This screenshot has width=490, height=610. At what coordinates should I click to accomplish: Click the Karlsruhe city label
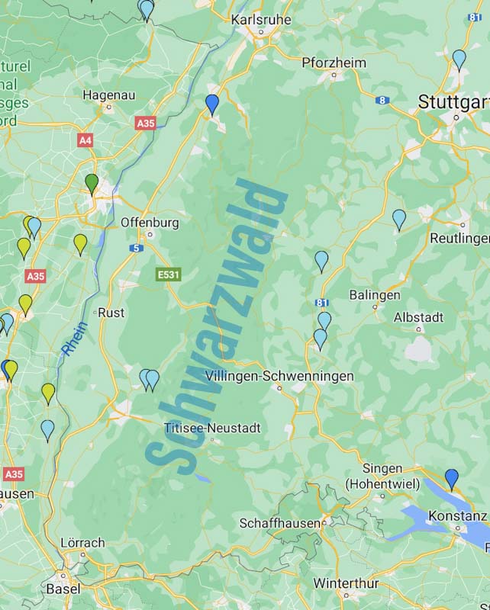coord(261,18)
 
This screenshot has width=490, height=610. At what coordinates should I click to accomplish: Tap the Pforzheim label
coord(334,63)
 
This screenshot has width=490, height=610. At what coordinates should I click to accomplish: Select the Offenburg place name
coord(150,223)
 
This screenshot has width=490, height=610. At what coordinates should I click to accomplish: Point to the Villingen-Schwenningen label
coord(279,376)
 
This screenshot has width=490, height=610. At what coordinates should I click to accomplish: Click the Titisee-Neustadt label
coord(212,428)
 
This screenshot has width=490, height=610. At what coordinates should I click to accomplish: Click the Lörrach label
coord(82,543)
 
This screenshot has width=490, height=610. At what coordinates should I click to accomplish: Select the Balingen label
coord(375,294)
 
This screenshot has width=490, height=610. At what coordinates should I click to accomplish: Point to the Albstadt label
coord(418,317)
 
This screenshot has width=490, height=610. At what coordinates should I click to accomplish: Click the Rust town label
coord(111,313)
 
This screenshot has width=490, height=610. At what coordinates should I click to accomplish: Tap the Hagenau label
coord(108,95)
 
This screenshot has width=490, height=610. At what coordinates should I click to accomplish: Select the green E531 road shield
coord(169,274)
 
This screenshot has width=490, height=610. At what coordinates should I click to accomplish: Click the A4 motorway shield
coord(85,140)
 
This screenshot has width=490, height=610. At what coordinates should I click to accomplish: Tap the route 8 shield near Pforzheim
coord(382,100)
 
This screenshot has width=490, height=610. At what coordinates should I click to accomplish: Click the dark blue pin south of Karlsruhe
coord(212,104)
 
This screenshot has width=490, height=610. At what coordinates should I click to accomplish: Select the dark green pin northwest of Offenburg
coord(92,183)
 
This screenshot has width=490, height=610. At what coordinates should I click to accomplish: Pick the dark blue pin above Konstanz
coord(452,478)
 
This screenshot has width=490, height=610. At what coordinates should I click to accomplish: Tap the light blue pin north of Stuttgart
coord(459,59)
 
